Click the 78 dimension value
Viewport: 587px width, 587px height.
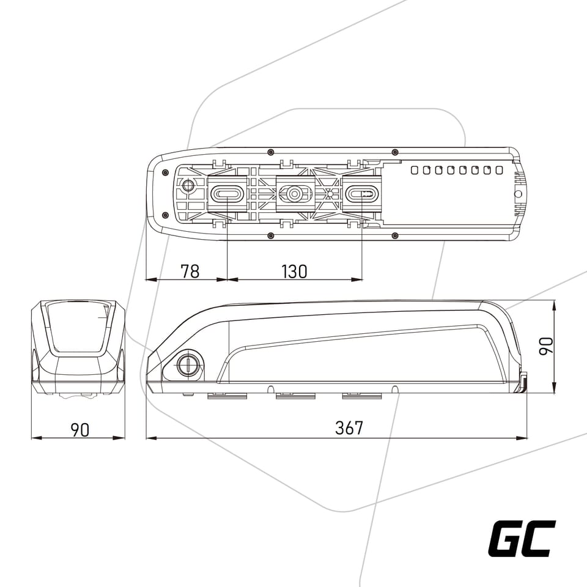190,271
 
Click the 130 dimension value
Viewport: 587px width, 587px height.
294,271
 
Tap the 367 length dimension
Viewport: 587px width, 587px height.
349,428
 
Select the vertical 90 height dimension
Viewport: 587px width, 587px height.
546,345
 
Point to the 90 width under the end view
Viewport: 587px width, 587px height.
80,430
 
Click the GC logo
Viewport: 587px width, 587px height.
522,539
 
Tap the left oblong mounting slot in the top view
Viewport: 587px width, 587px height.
227,194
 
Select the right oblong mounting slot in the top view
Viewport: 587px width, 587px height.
362,194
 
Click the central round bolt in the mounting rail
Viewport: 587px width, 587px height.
295,194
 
